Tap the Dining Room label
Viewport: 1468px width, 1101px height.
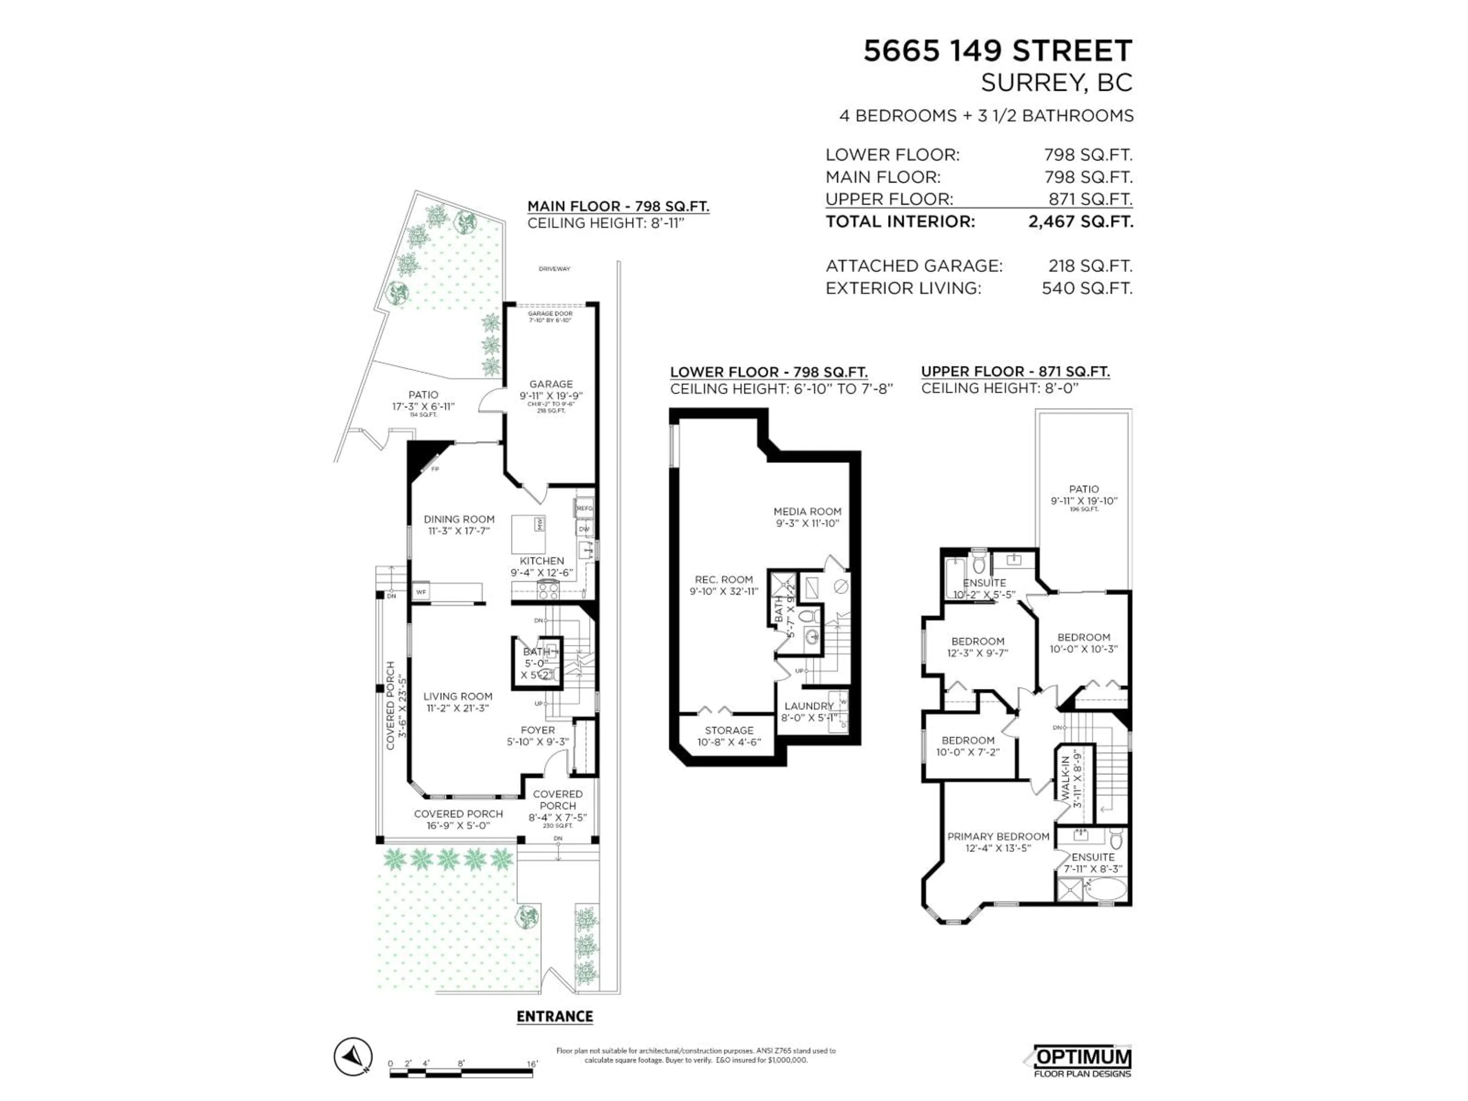point(459,520)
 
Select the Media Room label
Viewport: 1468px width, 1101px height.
point(807,512)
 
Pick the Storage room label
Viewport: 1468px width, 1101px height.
point(729,730)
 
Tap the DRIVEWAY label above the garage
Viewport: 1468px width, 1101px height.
point(554,269)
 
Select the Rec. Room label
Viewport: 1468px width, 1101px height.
point(723,580)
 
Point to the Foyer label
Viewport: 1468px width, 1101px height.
point(538,730)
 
